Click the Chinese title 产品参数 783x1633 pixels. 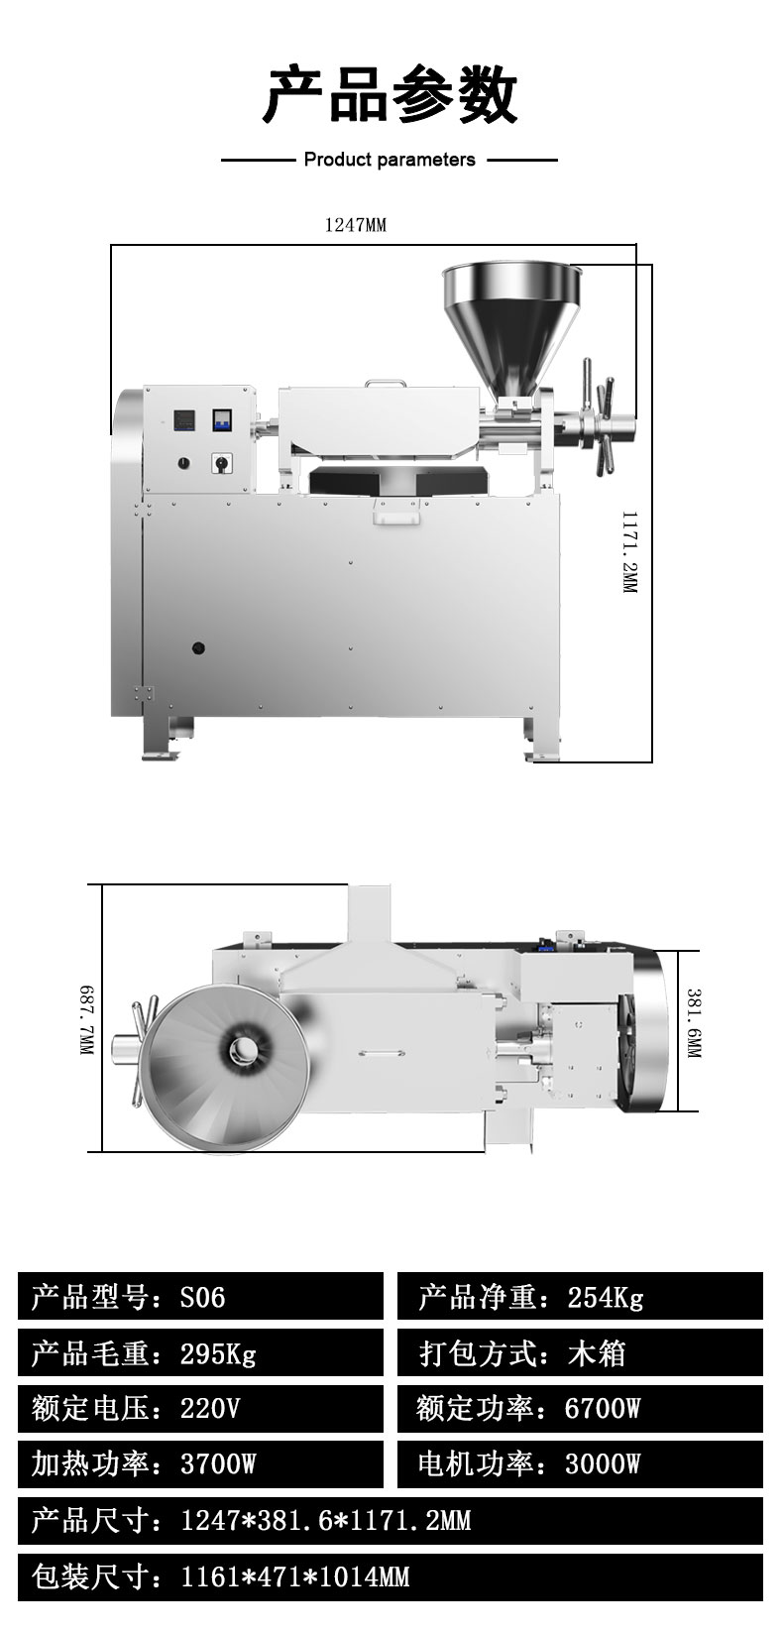[x=391, y=95]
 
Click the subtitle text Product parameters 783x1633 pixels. [x=390, y=160]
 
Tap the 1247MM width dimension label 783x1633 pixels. [x=356, y=225]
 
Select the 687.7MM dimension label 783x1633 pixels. [x=87, y=1020]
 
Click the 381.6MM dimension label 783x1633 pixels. [x=694, y=1023]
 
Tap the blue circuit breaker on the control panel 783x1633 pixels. [x=222, y=420]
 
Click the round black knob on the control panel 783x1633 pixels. [x=183, y=462]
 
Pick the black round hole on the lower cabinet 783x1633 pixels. [x=197, y=647]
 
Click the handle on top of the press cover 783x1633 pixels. [x=385, y=383]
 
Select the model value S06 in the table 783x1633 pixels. [x=202, y=1298]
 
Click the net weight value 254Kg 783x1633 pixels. [x=606, y=1299]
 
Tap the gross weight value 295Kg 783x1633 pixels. [x=218, y=1353]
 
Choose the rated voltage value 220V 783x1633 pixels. [x=210, y=1409]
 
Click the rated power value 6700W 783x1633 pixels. [x=603, y=1409]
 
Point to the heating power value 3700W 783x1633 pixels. [x=218, y=1463]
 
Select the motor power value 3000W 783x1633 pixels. [x=603, y=1463]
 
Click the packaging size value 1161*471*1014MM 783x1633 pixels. [x=294, y=1577]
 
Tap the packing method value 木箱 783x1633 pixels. [x=597, y=1353]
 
